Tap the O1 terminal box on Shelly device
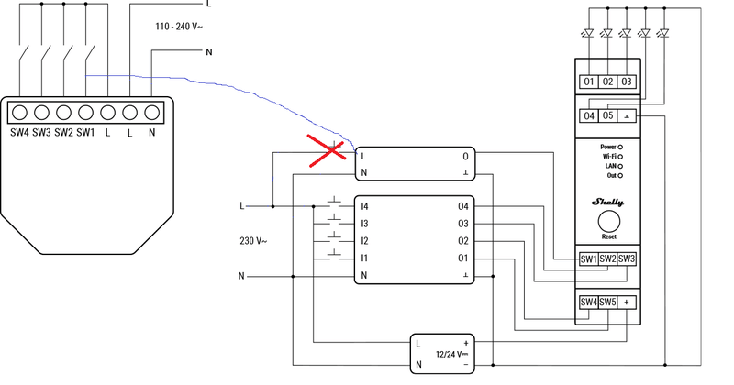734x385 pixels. coord(590,82)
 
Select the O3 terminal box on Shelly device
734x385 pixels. coord(627,82)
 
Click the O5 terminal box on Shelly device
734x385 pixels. coord(607,116)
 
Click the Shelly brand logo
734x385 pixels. coord(606,202)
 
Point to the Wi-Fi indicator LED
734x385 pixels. coord(621,156)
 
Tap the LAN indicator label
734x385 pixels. coord(607,165)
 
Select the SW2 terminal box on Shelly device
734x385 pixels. coord(607,259)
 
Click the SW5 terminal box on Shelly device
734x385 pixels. coord(607,302)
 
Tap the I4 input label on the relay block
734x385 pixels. coord(364,206)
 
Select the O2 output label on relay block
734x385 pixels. coord(462,240)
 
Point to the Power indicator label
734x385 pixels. coord(607,147)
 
